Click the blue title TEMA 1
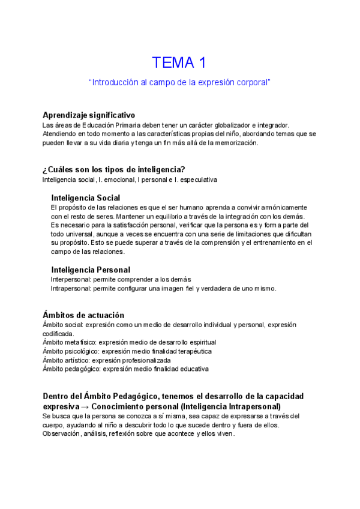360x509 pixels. (x=179, y=62)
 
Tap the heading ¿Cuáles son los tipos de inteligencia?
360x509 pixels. (x=113, y=169)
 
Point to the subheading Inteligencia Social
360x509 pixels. (x=86, y=197)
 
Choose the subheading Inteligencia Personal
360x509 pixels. (x=91, y=270)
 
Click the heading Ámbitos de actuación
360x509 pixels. (x=83, y=315)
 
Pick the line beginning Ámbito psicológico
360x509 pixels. (x=127, y=351)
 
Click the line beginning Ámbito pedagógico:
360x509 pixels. (x=126, y=369)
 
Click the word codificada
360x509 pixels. (x=59, y=333)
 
